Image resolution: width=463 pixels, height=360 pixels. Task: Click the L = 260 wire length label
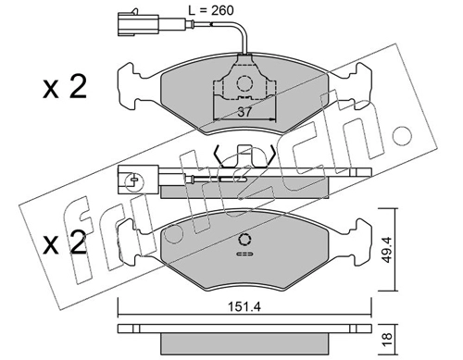point(211,10)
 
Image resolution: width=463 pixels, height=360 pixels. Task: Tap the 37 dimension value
point(244,112)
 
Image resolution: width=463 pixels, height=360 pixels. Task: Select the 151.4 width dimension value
point(244,307)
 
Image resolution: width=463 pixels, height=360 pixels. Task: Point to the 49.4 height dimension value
point(387,250)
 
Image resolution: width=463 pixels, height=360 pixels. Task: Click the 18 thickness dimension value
point(387,339)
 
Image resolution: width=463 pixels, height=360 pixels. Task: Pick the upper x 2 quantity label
point(65,88)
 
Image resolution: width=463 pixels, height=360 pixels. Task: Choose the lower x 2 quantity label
point(65,243)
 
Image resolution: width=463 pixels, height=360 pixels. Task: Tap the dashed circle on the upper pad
point(244,83)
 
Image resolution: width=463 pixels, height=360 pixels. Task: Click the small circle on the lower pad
point(244,240)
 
